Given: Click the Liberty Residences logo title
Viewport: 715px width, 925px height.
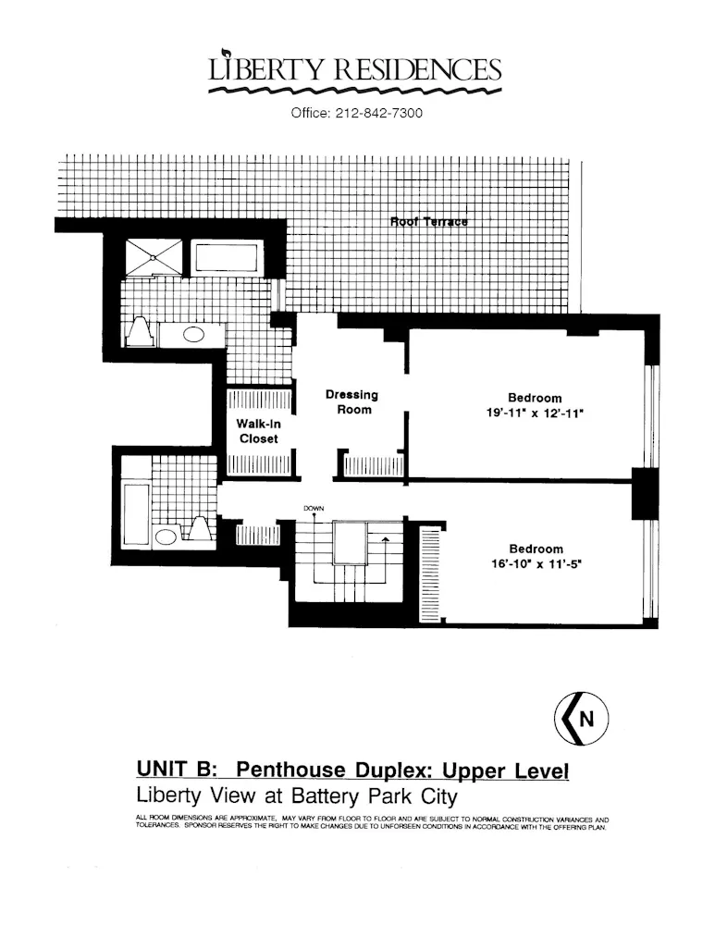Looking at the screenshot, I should point(356,69).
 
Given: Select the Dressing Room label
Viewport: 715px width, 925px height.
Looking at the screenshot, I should point(351,402).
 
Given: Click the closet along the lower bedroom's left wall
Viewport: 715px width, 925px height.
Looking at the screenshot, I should point(428,573).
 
